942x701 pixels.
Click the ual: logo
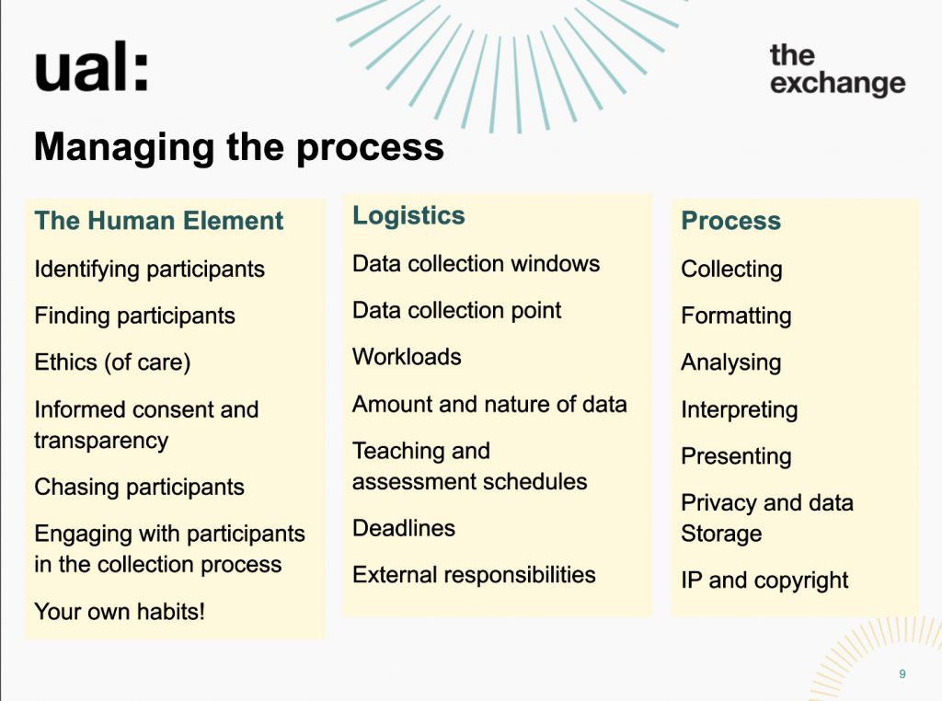point(91,68)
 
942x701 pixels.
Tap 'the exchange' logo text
point(837,70)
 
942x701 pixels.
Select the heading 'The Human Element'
point(158,221)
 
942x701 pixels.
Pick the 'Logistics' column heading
point(408,216)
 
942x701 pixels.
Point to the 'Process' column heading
point(730,221)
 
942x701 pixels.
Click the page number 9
point(902,674)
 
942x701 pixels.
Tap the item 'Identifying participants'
point(150,270)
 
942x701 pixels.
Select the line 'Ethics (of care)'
point(112,362)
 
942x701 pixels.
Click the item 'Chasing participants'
point(140,487)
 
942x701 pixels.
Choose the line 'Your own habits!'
point(120,612)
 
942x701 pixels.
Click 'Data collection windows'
point(476,264)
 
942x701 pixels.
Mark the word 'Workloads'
point(407,357)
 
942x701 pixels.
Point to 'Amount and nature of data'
point(489,404)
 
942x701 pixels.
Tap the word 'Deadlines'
point(404,528)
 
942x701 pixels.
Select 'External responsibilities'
point(474,575)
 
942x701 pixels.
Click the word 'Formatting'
point(736,316)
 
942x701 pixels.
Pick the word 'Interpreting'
point(739,410)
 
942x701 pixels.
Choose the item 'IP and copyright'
point(764,580)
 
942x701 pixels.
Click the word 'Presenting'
point(736,456)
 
